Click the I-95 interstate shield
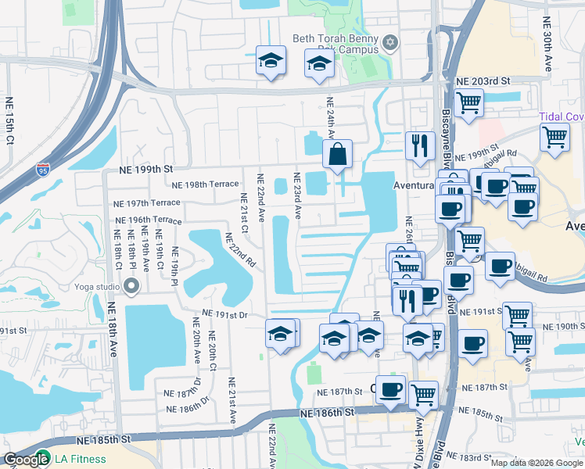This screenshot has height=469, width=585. click(x=44, y=170)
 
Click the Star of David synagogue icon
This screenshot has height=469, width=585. click(x=391, y=41)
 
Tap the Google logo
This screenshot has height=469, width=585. click(x=26, y=460)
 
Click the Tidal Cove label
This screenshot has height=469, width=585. click(x=562, y=116)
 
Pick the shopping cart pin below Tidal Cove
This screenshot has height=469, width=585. click(x=554, y=136)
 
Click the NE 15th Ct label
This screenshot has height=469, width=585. click(x=10, y=120)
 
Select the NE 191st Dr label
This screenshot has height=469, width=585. click(x=224, y=314)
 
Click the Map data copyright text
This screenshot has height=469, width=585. click(x=537, y=463)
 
